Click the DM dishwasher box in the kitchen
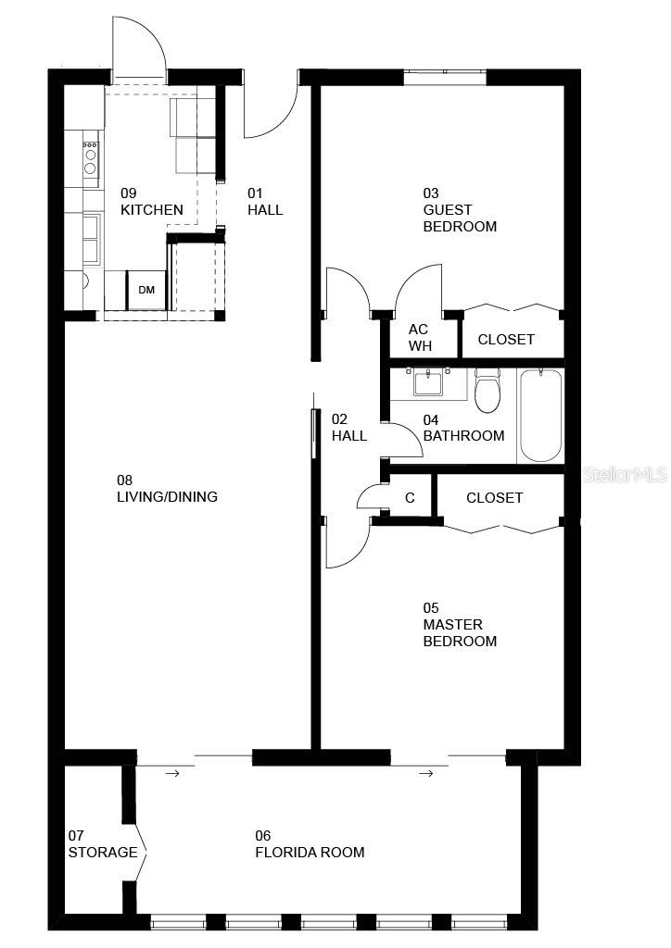point(146,290)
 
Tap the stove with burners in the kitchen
point(91,157)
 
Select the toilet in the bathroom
point(487,391)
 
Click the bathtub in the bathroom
point(540,415)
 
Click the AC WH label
point(420,338)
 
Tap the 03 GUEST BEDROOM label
point(460,210)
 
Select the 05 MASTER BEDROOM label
point(460,625)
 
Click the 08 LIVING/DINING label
point(167,489)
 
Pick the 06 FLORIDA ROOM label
point(310,843)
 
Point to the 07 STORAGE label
point(102,843)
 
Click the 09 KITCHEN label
point(151,202)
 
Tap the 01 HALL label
point(265,202)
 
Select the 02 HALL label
point(349,427)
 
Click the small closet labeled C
point(410,498)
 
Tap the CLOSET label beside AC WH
point(506,340)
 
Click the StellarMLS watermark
point(626,475)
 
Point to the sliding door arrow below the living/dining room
point(171,772)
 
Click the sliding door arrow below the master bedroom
point(426,772)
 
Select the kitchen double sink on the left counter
point(91,239)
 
